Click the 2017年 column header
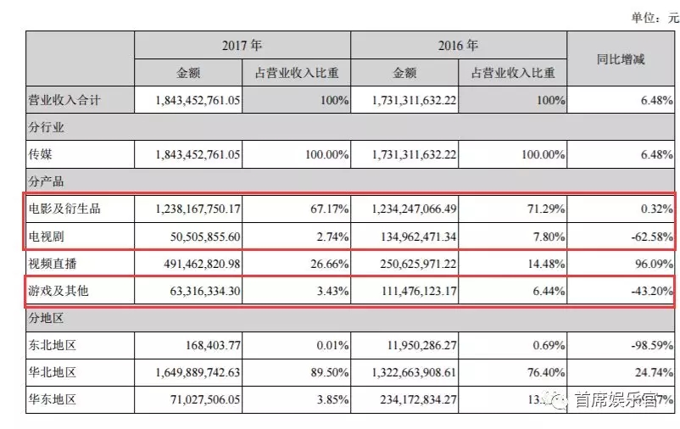tap(241, 45)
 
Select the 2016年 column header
tap(458, 45)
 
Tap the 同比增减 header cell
tap(621, 59)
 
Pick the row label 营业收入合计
tap(65, 100)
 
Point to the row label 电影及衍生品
tap(65, 208)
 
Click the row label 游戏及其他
tap(59, 291)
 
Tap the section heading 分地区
tap(47, 318)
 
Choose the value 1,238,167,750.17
tap(199, 208)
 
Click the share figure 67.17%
tap(331, 208)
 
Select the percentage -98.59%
tap(649, 345)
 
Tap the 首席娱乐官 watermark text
tap(616, 399)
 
